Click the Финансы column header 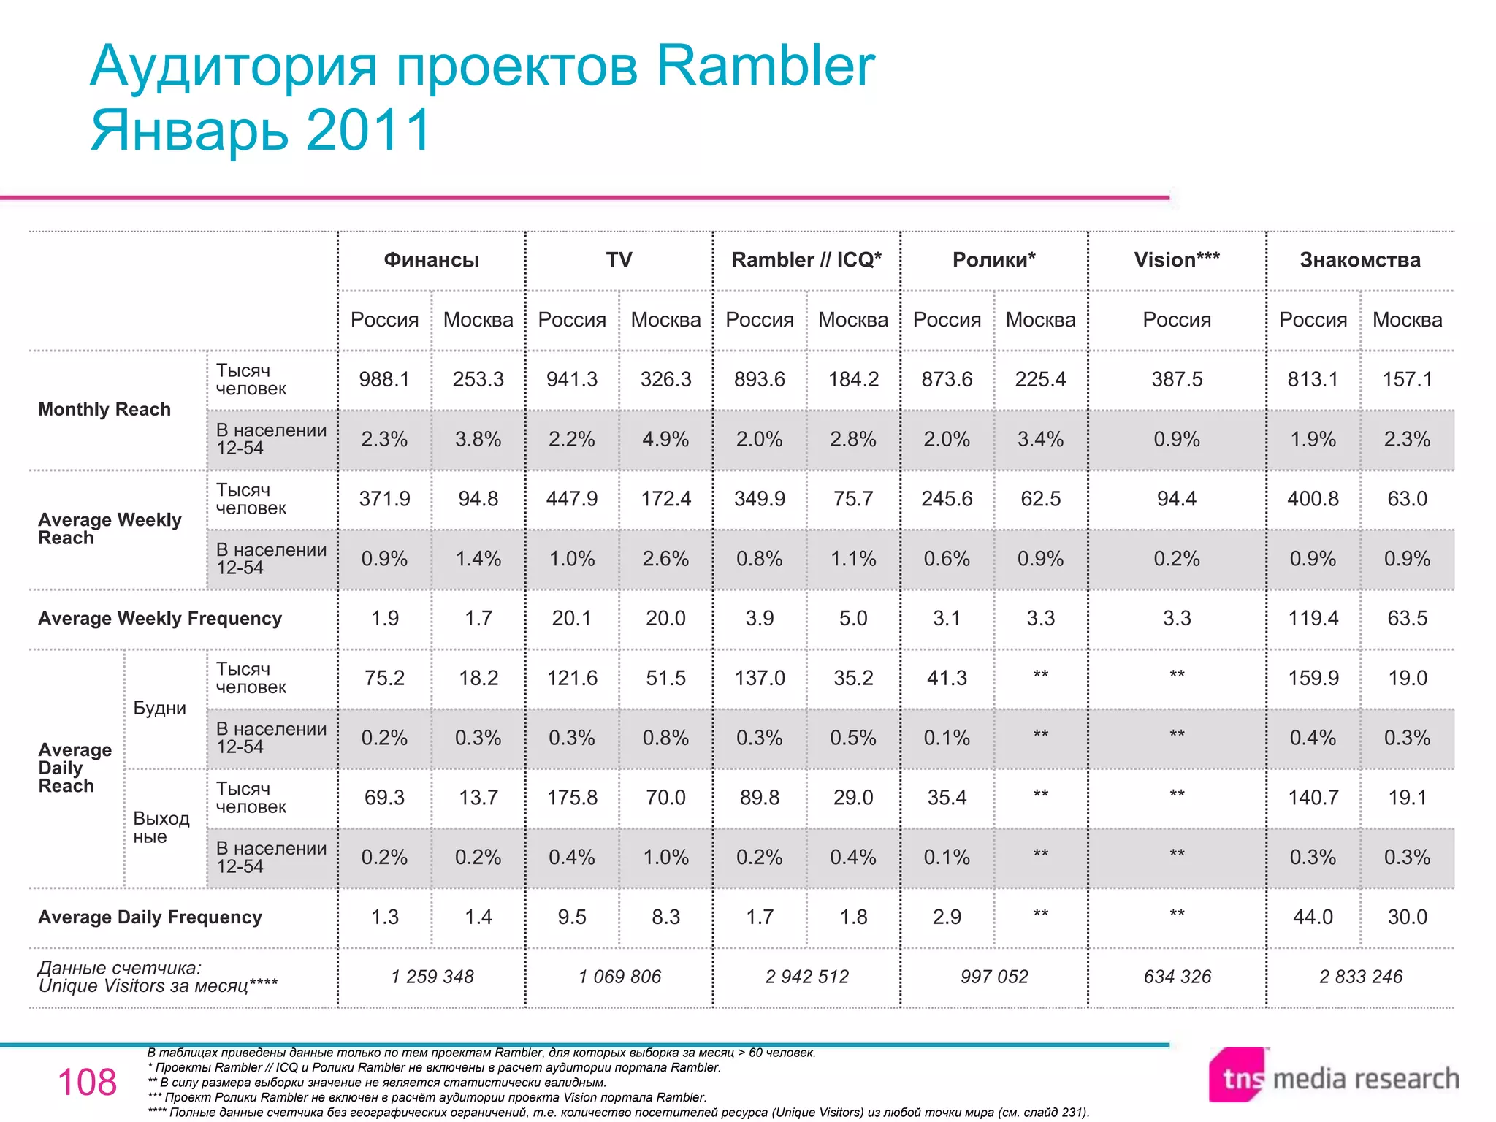tap(432, 260)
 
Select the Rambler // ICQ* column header tap(806, 260)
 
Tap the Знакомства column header tap(1360, 260)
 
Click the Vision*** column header tap(1177, 260)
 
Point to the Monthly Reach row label tap(104, 410)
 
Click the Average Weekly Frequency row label tap(160, 619)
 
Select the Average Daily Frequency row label tap(150, 917)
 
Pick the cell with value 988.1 tap(384, 380)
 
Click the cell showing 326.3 tap(665, 380)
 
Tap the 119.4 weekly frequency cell tap(1313, 619)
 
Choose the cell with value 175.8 tap(572, 798)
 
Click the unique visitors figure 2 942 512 tap(807, 977)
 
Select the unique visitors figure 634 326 tap(1177, 977)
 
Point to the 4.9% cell tap(665, 440)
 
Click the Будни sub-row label tap(160, 709)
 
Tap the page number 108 tap(87, 1083)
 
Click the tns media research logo tap(1333, 1077)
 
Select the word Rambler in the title tap(766, 66)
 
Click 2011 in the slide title tap(369, 130)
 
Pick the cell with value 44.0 tap(1313, 917)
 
